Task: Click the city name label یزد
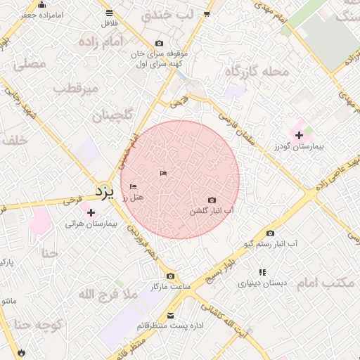(x=104, y=191)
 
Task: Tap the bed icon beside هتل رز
(x=133, y=186)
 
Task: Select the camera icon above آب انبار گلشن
(x=212, y=200)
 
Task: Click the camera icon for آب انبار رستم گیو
(x=271, y=233)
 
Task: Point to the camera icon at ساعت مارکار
(x=170, y=276)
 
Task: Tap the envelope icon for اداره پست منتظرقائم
(x=171, y=316)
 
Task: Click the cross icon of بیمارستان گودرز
(x=299, y=134)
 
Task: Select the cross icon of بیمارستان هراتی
(x=90, y=212)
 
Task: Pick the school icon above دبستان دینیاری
(x=262, y=272)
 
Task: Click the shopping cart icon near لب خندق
(x=207, y=13)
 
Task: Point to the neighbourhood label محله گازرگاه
(x=257, y=71)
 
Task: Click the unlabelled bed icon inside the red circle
(x=163, y=173)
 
